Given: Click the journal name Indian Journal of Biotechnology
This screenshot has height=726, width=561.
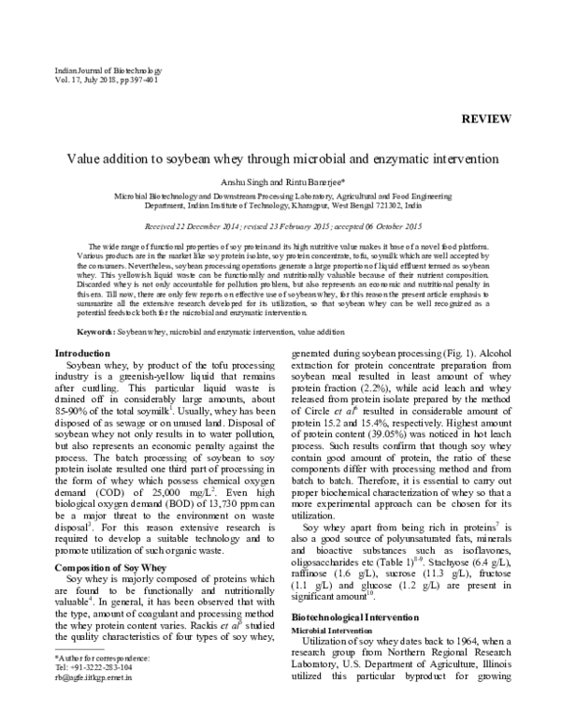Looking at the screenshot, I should tap(96, 71).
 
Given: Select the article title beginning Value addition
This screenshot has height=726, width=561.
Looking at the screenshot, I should tap(280, 160).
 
